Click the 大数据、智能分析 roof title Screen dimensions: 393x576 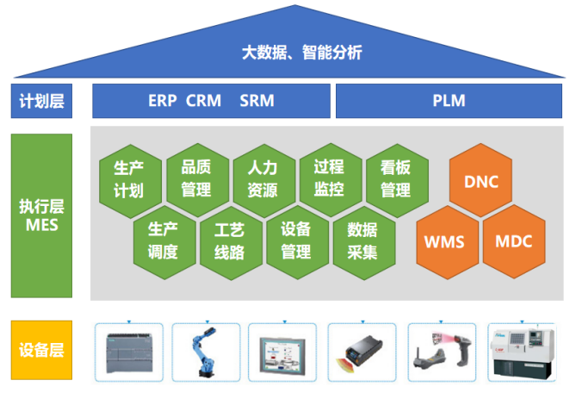click(301, 53)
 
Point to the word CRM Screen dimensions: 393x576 click(205, 101)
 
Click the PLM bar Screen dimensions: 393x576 click(449, 101)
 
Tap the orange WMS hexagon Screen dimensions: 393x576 click(446, 241)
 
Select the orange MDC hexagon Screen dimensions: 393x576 click(513, 241)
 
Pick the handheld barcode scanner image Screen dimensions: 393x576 click(441, 351)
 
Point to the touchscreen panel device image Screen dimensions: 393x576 click(282, 352)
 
